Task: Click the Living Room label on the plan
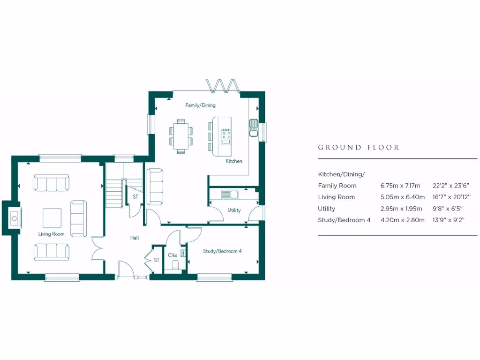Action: (52, 234)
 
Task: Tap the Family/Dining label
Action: (200, 105)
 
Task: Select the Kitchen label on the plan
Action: (234, 161)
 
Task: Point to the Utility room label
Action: (234, 210)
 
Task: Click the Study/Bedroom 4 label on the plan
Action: (222, 251)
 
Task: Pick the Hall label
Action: (135, 238)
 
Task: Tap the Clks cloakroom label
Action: (172, 255)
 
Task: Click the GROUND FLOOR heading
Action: (359, 148)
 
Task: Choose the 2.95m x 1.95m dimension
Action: (402, 209)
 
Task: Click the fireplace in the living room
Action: (14, 218)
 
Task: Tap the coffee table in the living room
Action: (52, 217)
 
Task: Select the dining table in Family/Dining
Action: (181, 136)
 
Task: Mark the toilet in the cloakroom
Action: (176, 266)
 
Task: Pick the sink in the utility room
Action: (230, 193)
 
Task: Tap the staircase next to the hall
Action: (114, 190)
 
